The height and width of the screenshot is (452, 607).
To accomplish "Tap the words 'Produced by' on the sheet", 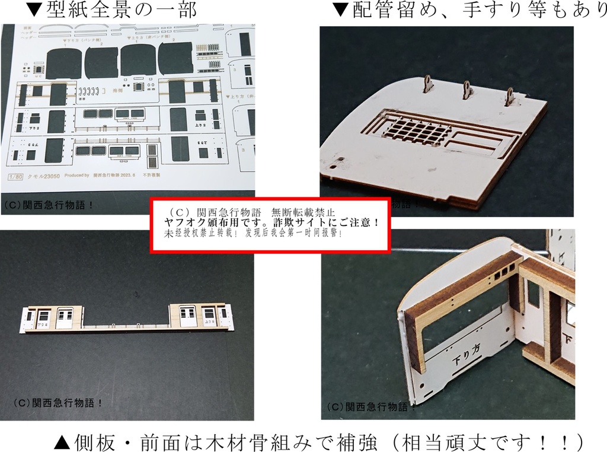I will click(75, 176).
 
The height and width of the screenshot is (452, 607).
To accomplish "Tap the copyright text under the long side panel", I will click(59, 402).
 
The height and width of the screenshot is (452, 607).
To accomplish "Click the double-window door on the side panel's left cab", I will click(63, 317).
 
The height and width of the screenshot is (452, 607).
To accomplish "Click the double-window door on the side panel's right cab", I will click(187, 316).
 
